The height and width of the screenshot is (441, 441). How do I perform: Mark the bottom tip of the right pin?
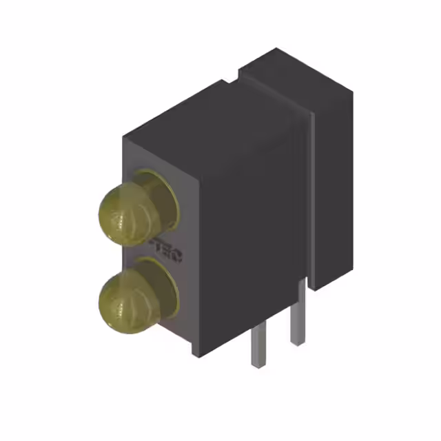297,342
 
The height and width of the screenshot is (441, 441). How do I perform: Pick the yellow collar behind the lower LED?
163,276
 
